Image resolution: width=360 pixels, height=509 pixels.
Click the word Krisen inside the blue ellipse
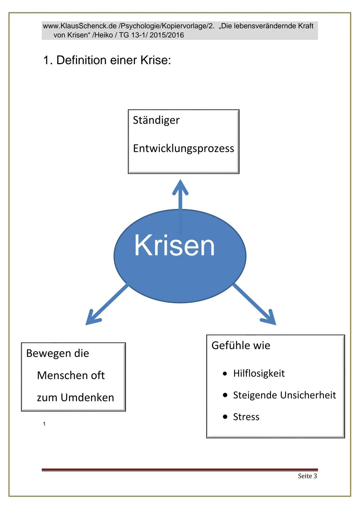coord(174,246)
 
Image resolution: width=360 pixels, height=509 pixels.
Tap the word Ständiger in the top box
coord(156,120)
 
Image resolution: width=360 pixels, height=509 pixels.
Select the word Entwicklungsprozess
coord(183,148)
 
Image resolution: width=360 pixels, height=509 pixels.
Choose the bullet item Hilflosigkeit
coord(259,373)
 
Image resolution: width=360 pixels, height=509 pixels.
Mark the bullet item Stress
coord(246,417)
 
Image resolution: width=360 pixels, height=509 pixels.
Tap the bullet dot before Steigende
coord(225,395)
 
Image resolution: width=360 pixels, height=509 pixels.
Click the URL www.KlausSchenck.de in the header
coord(80,26)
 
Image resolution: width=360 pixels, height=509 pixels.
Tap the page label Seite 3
coord(307,476)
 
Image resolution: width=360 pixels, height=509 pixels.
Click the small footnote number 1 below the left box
coord(44,424)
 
